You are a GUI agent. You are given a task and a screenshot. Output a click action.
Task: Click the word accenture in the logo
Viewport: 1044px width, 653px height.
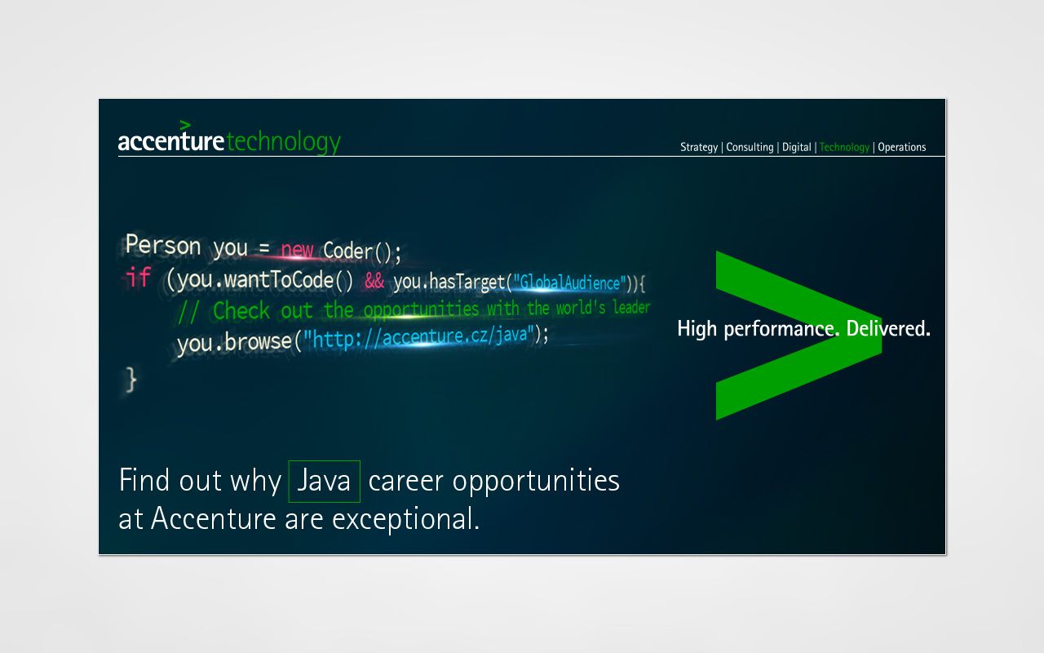pos(171,141)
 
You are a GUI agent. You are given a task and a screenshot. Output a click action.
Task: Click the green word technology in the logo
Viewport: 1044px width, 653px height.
pos(284,142)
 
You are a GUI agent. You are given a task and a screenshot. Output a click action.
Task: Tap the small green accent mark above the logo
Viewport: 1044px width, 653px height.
pos(185,125)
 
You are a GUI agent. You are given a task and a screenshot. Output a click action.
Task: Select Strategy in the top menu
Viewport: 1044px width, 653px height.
pos(699,148)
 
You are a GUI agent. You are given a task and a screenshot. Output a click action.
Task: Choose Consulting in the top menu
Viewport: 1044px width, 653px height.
pos(750,148)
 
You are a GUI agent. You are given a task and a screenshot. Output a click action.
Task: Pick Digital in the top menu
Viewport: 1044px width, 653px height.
pos(797,148)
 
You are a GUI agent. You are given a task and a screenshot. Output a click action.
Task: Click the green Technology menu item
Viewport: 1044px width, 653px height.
pos(844,148)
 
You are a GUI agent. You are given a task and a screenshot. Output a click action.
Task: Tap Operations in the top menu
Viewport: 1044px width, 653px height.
pos(902,148)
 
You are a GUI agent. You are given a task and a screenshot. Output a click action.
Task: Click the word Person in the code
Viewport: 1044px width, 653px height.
pos(163,245)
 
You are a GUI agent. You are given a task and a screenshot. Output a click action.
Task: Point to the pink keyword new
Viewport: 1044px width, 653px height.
pos(297,250)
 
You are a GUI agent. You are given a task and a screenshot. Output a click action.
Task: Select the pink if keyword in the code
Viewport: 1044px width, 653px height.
pos(138,277)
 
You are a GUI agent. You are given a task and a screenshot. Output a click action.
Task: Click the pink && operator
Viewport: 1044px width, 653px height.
pos(374,281)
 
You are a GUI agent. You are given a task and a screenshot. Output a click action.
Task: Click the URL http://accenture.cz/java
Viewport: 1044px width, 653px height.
pos(419,337)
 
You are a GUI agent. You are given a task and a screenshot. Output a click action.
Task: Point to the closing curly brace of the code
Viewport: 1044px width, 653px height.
pos(131,380)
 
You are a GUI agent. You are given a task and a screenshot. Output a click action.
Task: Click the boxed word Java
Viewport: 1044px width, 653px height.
pos(324,481)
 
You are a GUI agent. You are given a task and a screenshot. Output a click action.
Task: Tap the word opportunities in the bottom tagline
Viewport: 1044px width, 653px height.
pos(536,481)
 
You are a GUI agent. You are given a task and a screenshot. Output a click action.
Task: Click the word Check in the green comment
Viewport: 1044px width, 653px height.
pos(241,311)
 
